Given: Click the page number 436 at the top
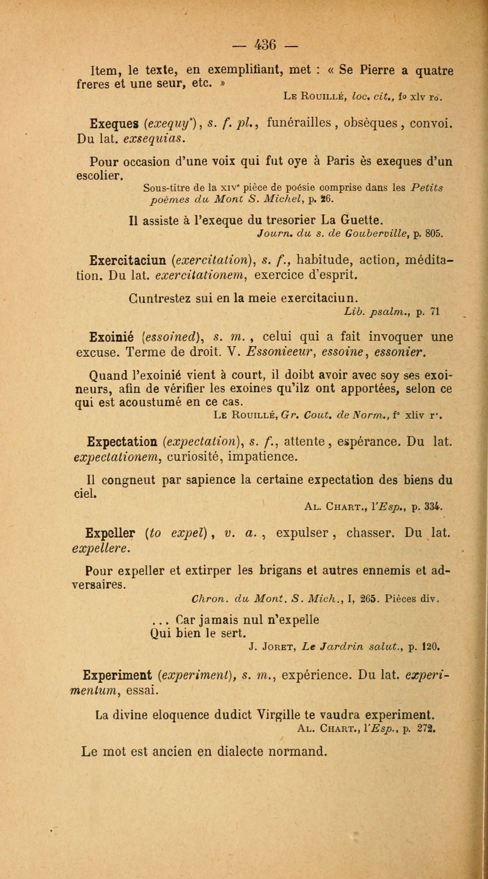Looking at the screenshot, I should coord(265,45).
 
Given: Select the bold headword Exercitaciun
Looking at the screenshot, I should coord(128,261).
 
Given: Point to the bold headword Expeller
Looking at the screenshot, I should coord(111,533).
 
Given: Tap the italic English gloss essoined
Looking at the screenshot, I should coord(173,337).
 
